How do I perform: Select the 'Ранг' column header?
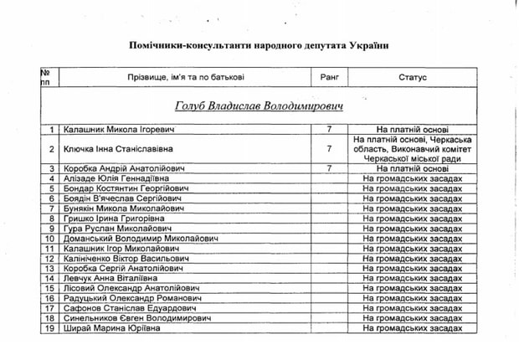[x=329, y=77]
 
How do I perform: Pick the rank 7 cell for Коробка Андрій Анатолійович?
[x=329, y=168]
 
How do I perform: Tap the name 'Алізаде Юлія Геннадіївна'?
[x=115, y=178]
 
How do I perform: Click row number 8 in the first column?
[x=52, y=219]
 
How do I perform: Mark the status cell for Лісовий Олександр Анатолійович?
[x=413, y=289]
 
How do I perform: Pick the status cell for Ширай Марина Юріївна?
[x=413, y=329]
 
